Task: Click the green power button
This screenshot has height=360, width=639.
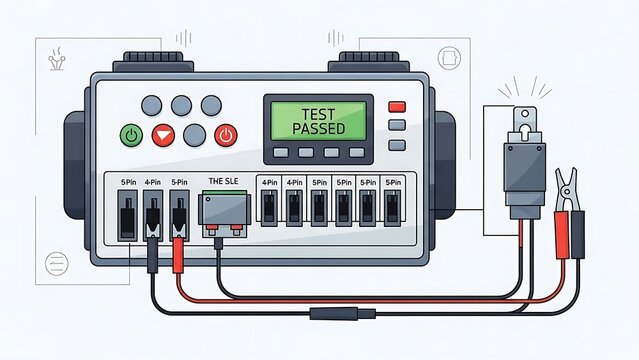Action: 131,135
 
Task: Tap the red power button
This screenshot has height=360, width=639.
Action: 227,135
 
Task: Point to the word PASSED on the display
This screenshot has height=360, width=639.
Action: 320,130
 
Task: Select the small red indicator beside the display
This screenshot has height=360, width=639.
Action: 397,107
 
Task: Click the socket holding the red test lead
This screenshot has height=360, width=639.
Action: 180,214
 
